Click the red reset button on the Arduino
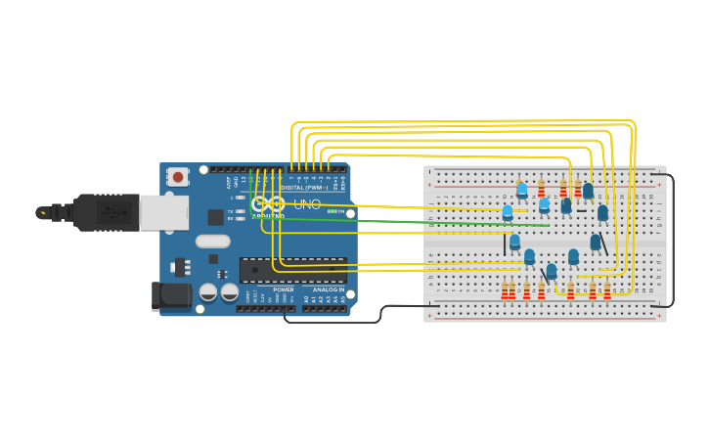pos(177,177)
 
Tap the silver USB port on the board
pos(163,212)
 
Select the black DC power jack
pos(171,296)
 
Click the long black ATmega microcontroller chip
pos(293,269)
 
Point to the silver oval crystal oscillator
pos(212,241)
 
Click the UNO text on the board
pos(307,203)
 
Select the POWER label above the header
pos(284,289)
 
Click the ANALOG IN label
pos(328,289)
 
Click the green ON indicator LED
pos(330,211)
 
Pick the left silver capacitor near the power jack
pos(208,291)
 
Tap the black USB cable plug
pos(98,212)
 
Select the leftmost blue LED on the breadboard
pos(507,211)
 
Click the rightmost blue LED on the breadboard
pos(602,212)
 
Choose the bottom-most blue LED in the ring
pos(552,271)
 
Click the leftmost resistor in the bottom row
pos(505,291)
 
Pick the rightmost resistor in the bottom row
pos(607,291)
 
